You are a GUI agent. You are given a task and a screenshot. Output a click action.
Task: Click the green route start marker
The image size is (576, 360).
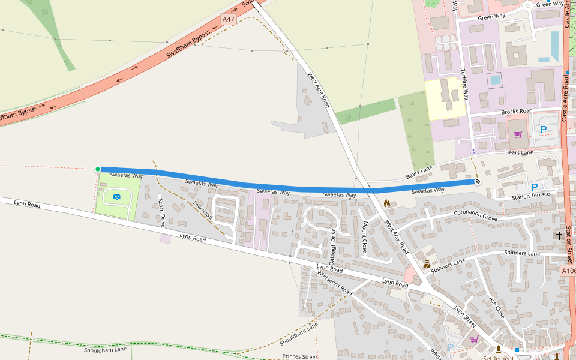(x=98, y=169)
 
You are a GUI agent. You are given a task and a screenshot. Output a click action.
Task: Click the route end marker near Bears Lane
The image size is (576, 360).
(x=478, y=181)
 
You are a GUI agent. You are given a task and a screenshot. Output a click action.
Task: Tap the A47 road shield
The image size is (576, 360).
(x=229, y=19)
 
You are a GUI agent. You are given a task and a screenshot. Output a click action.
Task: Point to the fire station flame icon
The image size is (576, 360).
(x=387, y=204)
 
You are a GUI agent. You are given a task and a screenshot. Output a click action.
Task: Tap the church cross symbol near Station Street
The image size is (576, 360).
(x=559, y=236)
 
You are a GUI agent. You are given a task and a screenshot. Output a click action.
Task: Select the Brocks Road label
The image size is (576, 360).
(x=517, y=112)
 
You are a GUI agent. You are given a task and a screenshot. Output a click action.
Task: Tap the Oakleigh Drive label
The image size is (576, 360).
(x=332, y=244)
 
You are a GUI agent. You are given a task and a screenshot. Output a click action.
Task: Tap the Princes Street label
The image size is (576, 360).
(x=299, y=356)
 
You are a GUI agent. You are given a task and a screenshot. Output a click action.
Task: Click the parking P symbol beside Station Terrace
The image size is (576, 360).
(x=534, y=187)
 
